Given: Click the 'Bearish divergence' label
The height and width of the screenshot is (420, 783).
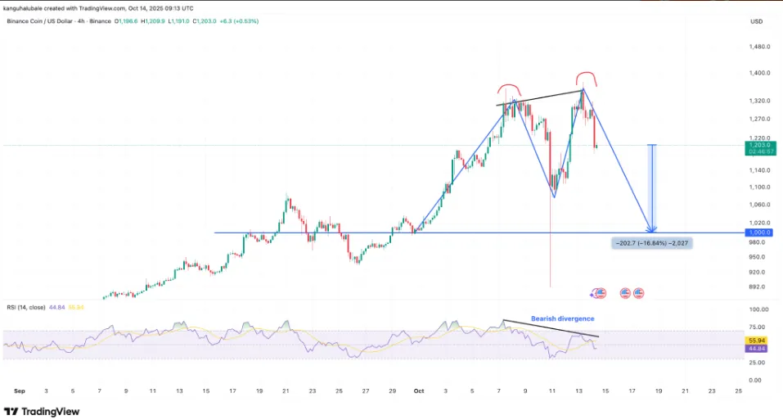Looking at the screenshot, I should tap(562, 318).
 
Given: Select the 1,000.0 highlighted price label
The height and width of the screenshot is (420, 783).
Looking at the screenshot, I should tap(758, 233).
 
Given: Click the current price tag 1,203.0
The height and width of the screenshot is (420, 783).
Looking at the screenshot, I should tap(758, 145).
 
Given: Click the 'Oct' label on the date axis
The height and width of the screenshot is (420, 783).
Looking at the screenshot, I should tap(418, 391).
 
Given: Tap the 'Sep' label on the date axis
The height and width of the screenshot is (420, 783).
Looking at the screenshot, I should tap(20, 391).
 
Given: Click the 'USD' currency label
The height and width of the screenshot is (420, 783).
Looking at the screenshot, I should tap(756, 21).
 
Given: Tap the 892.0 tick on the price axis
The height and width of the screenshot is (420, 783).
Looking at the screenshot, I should tap(757, 287).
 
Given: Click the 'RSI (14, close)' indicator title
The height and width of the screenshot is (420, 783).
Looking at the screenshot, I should tap(25, 306).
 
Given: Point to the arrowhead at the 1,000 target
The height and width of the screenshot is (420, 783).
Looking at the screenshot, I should tap(651, 228).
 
